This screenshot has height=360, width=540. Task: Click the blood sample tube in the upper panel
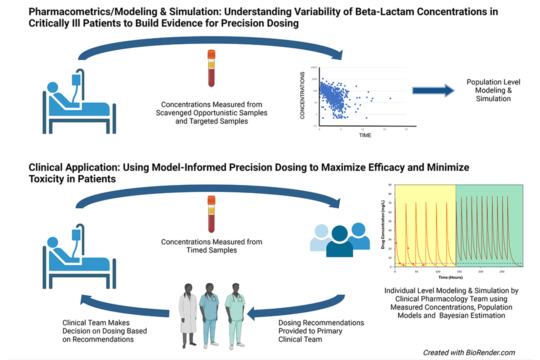[x=211, y=68]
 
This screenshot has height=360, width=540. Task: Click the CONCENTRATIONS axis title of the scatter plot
[x=302, y=95]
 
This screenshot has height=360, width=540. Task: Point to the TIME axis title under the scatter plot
[x=365, y=135]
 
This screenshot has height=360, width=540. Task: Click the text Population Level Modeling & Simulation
[x=488, y=90]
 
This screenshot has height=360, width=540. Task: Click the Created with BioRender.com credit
[x=469, y=352]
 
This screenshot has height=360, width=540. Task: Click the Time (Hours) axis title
[x=450, y=277]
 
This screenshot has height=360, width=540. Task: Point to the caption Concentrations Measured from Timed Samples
[x=211, y=246]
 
